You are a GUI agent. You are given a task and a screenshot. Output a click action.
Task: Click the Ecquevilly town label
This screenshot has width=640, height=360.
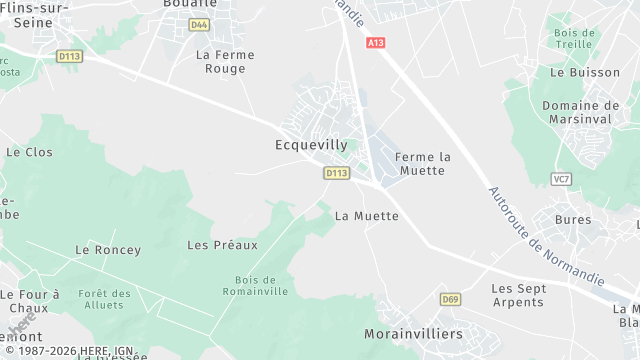(311, 145)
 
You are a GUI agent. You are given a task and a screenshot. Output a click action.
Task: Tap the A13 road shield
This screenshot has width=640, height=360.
(375, 43)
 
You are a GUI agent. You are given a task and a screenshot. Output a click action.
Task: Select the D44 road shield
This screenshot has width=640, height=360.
(199, 24)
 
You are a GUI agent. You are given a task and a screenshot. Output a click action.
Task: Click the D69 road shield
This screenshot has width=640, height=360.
(450, 299)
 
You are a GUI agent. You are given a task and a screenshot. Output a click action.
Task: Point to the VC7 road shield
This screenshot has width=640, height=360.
(561, 179)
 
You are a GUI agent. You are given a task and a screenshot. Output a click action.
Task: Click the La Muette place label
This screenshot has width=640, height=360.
(367, 215)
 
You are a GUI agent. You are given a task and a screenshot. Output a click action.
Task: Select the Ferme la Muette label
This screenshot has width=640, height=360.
(423, 164)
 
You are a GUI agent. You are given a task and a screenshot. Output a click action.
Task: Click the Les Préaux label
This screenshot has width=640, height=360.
(222, 244)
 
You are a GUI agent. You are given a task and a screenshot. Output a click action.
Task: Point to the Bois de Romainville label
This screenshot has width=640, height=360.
(261, 285)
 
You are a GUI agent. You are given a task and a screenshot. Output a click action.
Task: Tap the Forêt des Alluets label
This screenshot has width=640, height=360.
(105, 299)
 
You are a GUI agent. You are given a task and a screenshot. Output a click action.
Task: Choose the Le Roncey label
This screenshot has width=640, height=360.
(108, 249)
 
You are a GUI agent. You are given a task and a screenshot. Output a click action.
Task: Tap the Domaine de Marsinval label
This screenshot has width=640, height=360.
(580, 111)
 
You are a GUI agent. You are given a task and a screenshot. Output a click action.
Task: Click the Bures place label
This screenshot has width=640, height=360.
(573, 218)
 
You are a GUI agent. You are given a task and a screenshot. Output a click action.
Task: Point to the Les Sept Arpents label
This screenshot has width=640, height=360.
(518, 294)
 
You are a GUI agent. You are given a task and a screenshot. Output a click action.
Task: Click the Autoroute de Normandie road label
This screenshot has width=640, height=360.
(546, 236)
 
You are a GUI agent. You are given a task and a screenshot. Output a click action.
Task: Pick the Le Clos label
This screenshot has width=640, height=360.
(29, 152)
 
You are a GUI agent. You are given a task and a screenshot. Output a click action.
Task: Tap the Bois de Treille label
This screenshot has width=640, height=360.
(574, 39)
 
